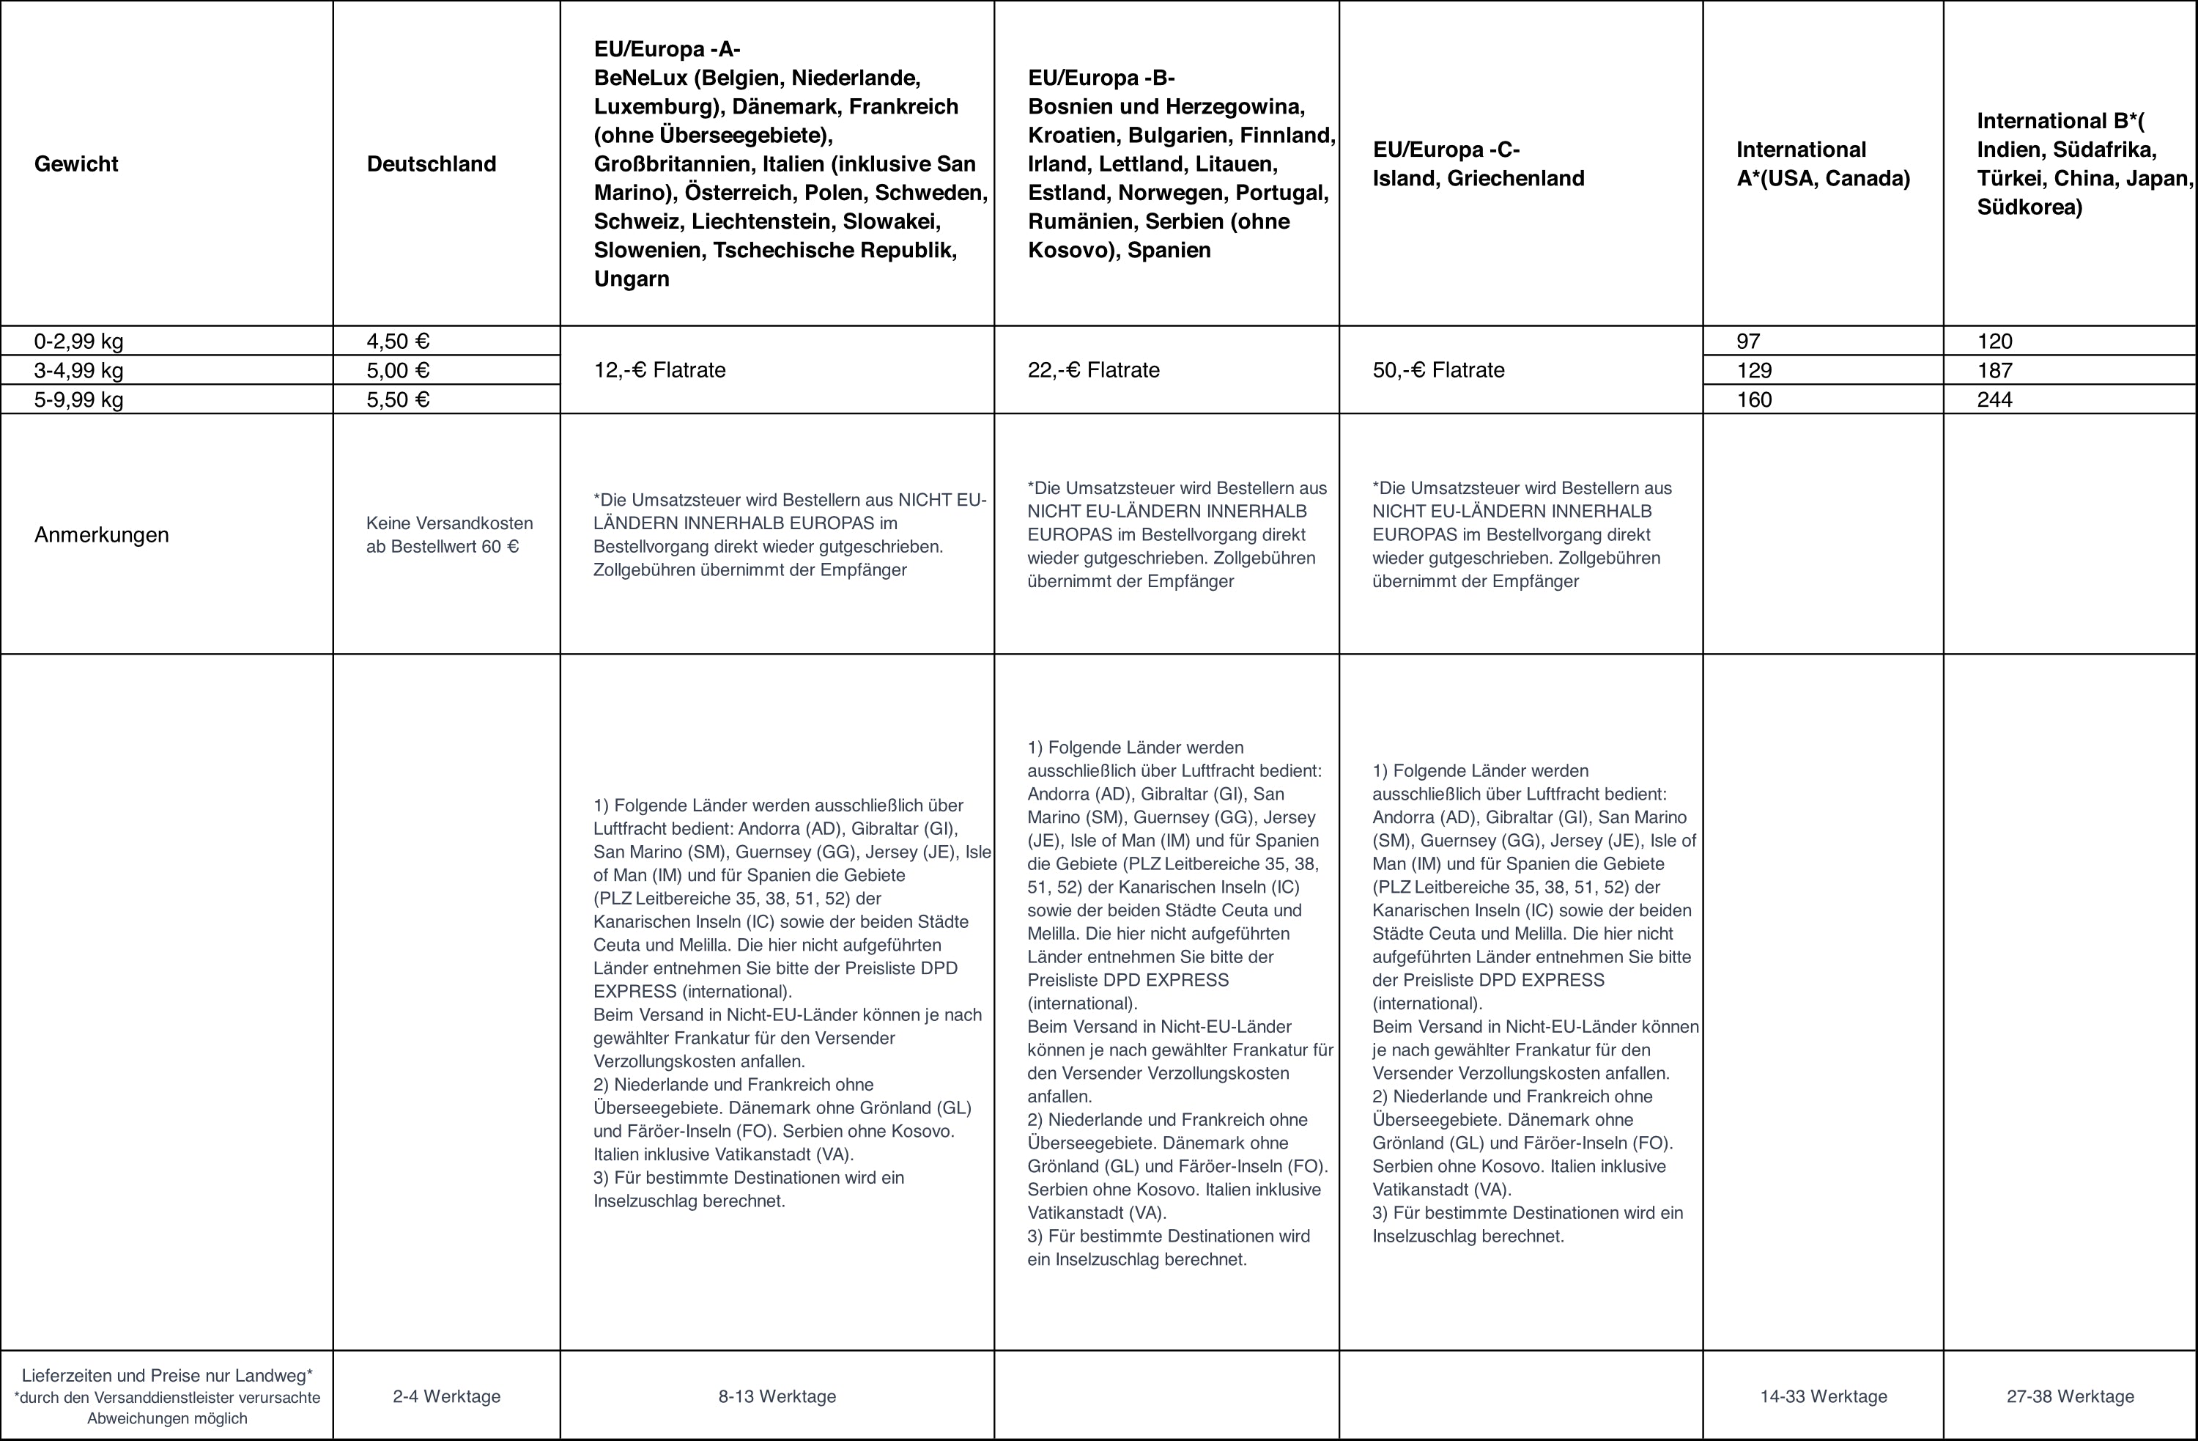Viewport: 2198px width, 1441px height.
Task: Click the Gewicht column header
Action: point(77,164)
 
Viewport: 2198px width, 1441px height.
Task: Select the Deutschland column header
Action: point(432,164)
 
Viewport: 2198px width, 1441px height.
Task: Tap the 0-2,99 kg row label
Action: point(78,342)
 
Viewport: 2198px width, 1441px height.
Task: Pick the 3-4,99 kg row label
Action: point(78,370)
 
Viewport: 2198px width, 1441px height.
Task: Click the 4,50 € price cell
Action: point(398,342)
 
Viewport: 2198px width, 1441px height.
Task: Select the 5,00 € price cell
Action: point(398,370)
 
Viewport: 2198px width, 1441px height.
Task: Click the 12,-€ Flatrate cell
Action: point(659,370)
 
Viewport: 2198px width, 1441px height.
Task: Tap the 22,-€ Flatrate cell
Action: point(1093,370)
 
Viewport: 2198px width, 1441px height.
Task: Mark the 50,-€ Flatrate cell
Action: point(1438,370)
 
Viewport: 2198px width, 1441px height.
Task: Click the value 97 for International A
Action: point(1748,342)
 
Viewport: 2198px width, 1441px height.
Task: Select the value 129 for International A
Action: point(1754,370)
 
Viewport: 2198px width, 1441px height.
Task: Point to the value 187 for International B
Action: point(1995,370)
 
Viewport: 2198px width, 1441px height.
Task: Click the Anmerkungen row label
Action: point(102,535)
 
